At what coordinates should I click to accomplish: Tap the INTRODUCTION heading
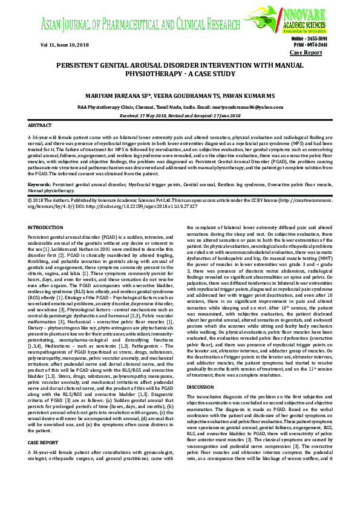45,227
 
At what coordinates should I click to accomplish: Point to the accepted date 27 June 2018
224,114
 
